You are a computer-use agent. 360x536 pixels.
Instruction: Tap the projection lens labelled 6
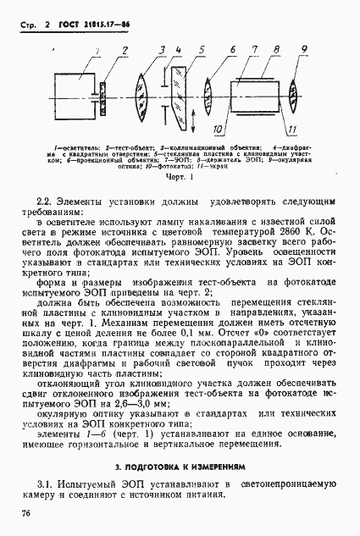(209, 89)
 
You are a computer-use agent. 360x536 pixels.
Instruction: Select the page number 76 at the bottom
(26, 511)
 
